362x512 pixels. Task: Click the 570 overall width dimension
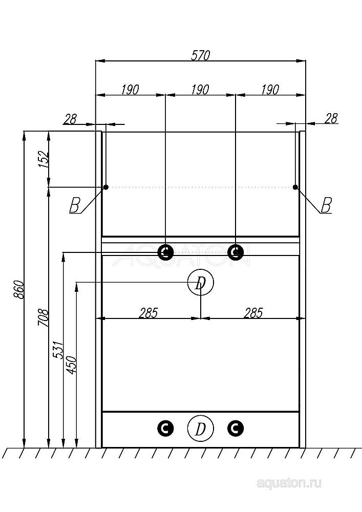[200, 56]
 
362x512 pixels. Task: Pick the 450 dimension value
[71, 365]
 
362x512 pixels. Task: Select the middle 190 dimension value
[200, 90]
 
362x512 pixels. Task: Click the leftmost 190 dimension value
[130, 90]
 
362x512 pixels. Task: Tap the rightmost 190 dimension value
[270, 90]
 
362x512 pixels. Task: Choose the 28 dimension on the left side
[70, 119]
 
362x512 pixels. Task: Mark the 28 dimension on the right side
[331, 118]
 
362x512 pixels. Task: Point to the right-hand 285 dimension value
[253, 312]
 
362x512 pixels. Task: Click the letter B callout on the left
[74, 206]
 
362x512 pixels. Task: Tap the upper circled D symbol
[201, 282]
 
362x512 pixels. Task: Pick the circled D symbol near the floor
[201, 428]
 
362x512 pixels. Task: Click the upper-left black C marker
[165, 251]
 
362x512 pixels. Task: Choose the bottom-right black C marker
[235, 428]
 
